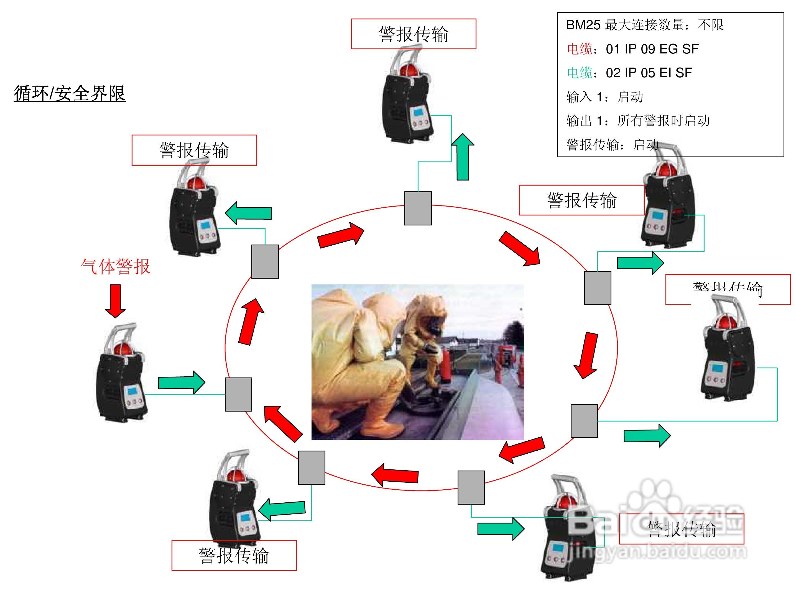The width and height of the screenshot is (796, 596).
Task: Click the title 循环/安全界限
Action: pos(70,93)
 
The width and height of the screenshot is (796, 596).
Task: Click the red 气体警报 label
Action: pos(115,266)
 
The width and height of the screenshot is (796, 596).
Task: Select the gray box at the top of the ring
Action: pos(418,208)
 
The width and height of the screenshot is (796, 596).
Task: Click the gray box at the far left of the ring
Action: pos(238,394)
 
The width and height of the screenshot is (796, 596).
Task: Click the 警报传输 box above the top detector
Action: pos(414,34)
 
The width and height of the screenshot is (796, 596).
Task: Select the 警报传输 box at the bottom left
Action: pos(234,555)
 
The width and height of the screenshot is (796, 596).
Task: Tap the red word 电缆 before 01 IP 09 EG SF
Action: pos(579,49)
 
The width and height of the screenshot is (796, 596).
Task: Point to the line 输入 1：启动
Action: pos(604,97)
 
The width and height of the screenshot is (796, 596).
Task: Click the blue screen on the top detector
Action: pos(419,113)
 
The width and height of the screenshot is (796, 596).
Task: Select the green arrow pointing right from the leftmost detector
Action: pos(181,382)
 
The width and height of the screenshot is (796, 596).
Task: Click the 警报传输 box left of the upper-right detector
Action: pos(581,200)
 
